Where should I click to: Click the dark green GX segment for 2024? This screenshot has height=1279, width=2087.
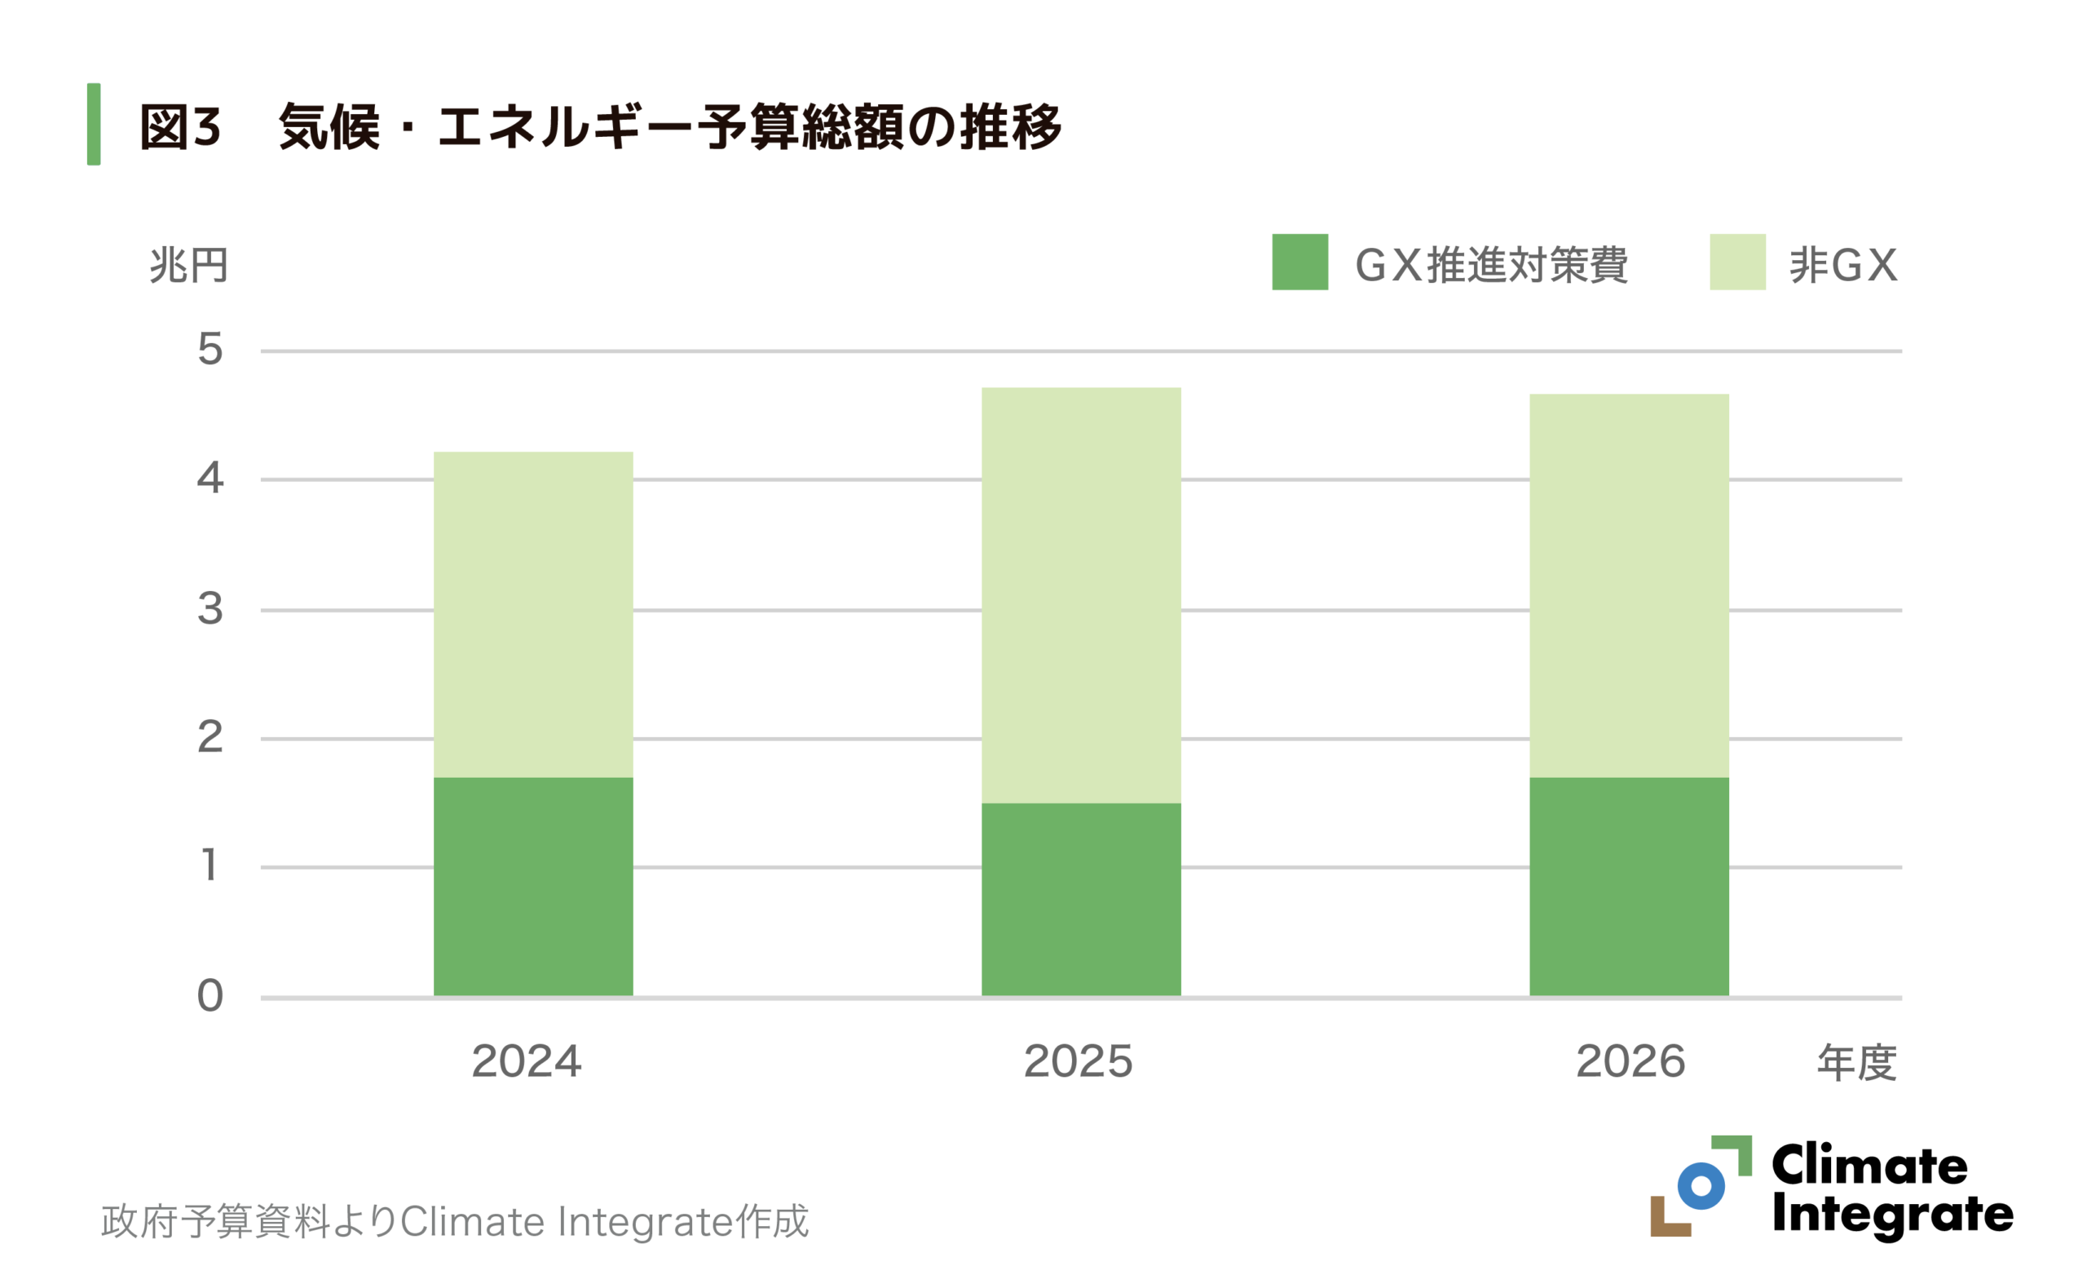tap(533, 886)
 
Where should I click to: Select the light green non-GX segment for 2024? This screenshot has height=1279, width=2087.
tap(533, 614)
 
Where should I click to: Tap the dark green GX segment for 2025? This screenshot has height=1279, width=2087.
tap(1081, 898)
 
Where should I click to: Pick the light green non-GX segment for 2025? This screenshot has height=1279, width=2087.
tap(1081, 594)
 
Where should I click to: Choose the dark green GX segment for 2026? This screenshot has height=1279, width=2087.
tap(1629, 886)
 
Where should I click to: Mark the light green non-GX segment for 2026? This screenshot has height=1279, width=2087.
tap(1629, 585)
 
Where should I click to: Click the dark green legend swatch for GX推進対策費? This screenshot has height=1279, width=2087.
tap(1299, 262)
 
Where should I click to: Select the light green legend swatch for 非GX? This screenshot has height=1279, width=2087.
tap(1737, 262)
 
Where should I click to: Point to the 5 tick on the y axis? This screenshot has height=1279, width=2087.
tap(210, 349)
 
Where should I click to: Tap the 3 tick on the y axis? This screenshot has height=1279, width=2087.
tap(210, 608)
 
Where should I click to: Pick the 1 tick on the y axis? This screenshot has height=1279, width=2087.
tap(210, 866)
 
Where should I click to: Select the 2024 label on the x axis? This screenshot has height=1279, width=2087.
tap(526, 1061)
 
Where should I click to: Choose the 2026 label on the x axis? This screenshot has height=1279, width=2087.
tap(1630, 1061)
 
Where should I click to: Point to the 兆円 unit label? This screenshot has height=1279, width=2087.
tap(188, 265)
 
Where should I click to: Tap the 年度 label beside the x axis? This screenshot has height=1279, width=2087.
tap(1856, 1063)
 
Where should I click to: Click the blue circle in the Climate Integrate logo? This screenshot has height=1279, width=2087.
tap(1701, 1186)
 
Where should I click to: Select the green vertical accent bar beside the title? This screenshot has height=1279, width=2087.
tap(94, 124)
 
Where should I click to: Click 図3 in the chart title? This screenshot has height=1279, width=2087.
tap(179, 127)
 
